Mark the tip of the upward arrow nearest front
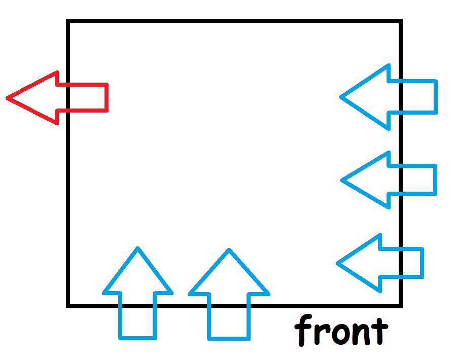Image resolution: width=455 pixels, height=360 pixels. pos(229,250)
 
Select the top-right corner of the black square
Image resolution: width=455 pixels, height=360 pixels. pos(400,21)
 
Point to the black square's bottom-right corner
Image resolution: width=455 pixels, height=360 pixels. pos(400,305)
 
